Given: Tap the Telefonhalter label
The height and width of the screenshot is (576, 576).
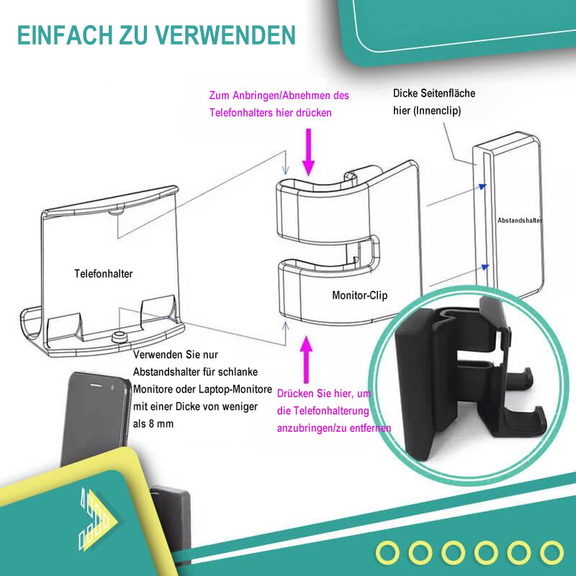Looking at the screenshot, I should (x=104, y=274).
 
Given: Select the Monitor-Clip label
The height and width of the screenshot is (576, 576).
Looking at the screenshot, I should (x=360, y=295).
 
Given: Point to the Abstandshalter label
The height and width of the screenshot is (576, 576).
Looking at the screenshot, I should (x=519, y=220).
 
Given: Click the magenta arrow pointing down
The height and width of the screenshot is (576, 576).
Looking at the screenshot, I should (x=309, y=151).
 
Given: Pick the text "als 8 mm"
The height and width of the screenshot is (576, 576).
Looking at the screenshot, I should (x=153, y=424).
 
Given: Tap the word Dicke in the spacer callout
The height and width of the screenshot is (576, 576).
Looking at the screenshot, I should (x=406, y=94).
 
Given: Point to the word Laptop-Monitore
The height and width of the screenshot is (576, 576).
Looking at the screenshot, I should (x=239, y=390).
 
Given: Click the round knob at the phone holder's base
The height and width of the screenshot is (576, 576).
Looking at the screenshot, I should (x=119, y=336).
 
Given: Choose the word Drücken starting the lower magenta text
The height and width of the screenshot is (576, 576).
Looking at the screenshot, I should (x=295, y=394).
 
